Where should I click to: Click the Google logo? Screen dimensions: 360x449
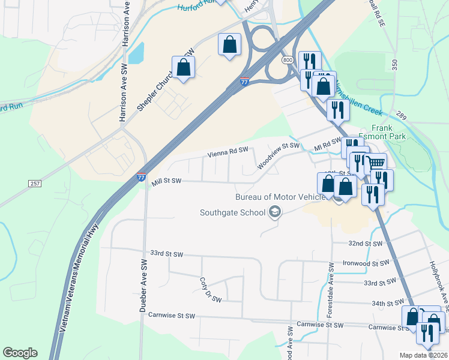click(20, 353)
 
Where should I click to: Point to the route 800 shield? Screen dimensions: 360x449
click(287, 61)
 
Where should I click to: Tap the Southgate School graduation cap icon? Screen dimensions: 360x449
click(275, 212)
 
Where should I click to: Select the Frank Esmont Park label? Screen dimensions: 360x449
click(390, 132)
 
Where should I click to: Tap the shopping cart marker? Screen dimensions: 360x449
click(376, 162)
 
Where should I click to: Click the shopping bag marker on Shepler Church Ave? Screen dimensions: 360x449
click(184, 67)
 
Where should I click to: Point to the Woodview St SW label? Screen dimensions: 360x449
click(278, 155)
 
